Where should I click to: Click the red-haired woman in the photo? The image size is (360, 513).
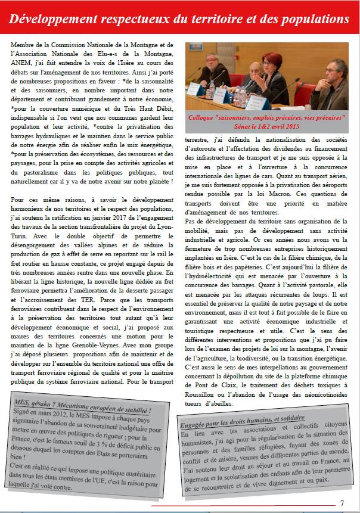pos(272,80)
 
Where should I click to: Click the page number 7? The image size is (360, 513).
pos(342,502)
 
